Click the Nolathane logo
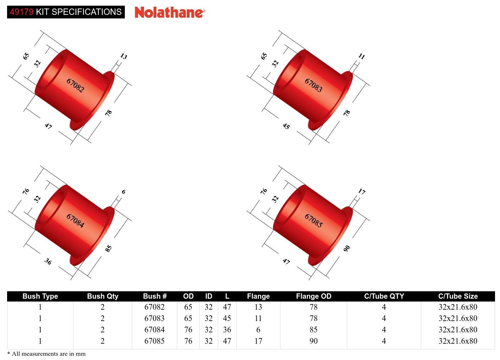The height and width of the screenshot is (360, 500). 170,12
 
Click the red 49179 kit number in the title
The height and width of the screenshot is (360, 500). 22,12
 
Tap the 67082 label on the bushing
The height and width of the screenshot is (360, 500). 75,85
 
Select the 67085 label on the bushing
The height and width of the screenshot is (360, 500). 313,220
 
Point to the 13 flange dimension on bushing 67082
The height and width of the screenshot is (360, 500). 123,56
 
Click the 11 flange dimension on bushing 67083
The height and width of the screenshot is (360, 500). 361,56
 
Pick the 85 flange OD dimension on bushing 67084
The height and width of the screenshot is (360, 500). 109,248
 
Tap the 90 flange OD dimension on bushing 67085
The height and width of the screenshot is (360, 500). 347,248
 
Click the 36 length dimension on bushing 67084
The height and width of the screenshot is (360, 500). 48,261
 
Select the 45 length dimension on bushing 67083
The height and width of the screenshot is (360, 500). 286,126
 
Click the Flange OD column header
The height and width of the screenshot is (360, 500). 313,296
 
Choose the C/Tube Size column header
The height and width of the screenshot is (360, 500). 458,296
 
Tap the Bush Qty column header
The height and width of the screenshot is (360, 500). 102,296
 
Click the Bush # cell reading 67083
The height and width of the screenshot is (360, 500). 154,318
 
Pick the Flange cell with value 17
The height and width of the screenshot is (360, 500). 258,341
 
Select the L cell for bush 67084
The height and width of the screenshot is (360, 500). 227,330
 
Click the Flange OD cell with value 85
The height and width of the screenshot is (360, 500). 313,330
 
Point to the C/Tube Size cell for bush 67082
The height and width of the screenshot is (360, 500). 458,307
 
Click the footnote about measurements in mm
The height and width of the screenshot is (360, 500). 46,354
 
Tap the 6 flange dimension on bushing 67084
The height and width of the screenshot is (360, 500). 123,192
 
